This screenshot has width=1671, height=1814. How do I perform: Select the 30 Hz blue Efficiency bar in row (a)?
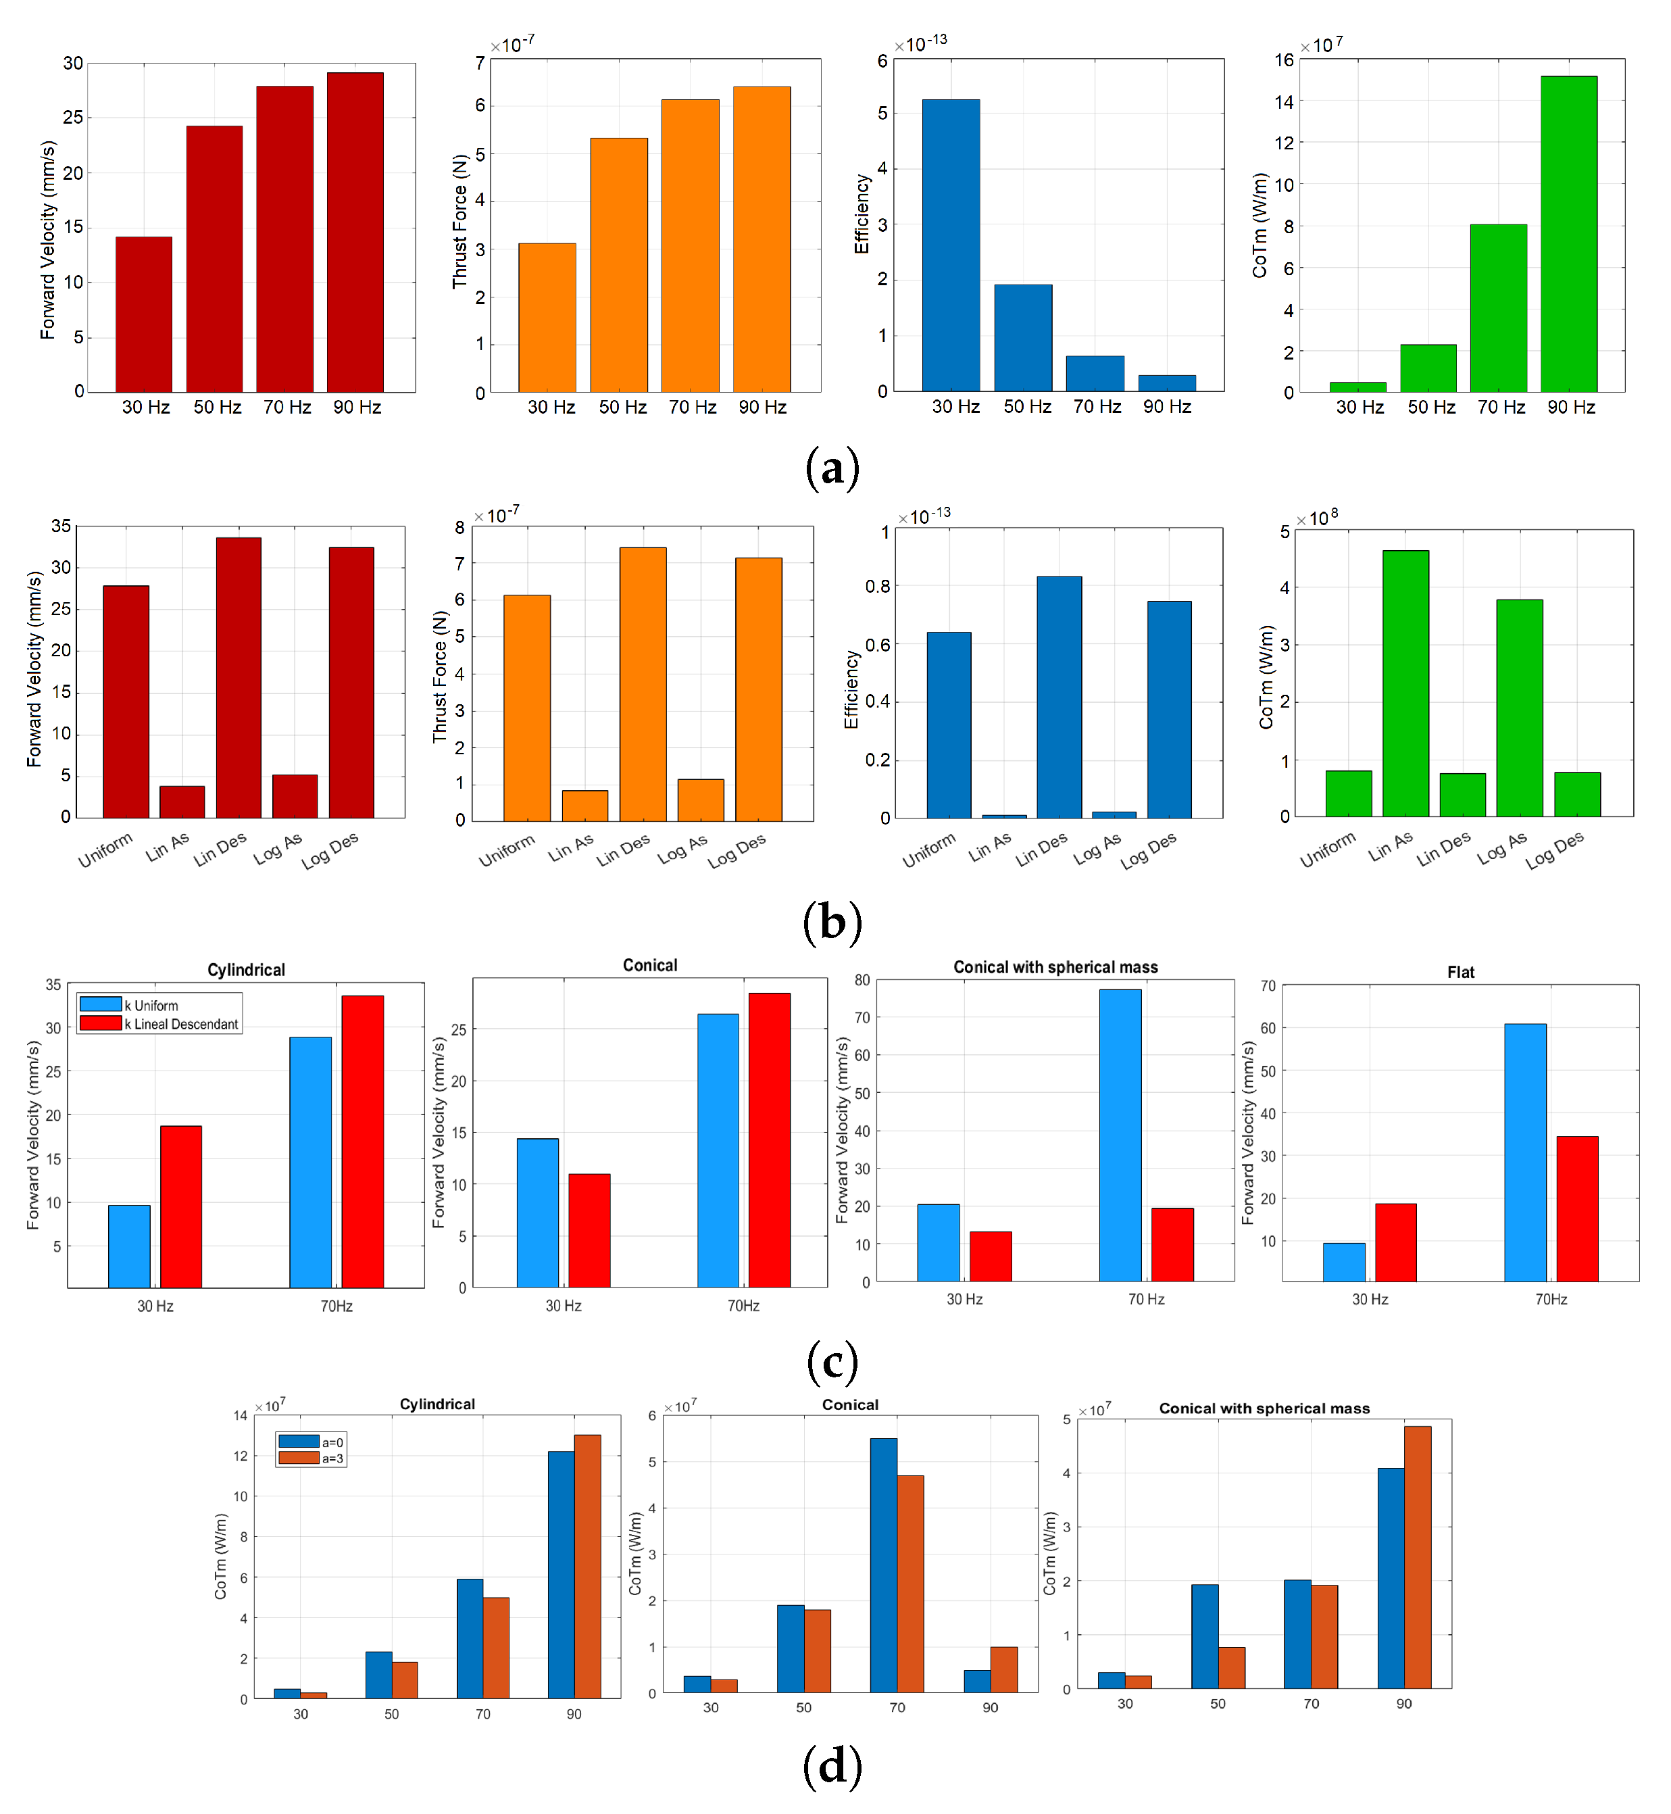coord(950,245)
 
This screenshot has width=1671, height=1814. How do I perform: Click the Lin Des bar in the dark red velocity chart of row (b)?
coord(239,677)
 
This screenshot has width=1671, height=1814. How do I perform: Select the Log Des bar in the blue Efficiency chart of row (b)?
coord(1169,709)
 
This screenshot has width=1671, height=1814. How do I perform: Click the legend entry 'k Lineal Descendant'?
coord(182,1024)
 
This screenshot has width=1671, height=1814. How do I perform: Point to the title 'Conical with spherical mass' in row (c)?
coord(1055,966)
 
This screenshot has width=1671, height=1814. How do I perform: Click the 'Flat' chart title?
coord(1460,972)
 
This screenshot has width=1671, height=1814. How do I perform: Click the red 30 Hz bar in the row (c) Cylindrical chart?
coord(181,1206)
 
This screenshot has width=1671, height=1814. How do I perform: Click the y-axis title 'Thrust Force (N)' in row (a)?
coord(460,222)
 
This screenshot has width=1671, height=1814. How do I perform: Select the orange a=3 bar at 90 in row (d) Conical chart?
coord(1003,1669)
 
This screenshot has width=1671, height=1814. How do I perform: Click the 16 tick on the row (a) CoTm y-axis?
coord(1284,61)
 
